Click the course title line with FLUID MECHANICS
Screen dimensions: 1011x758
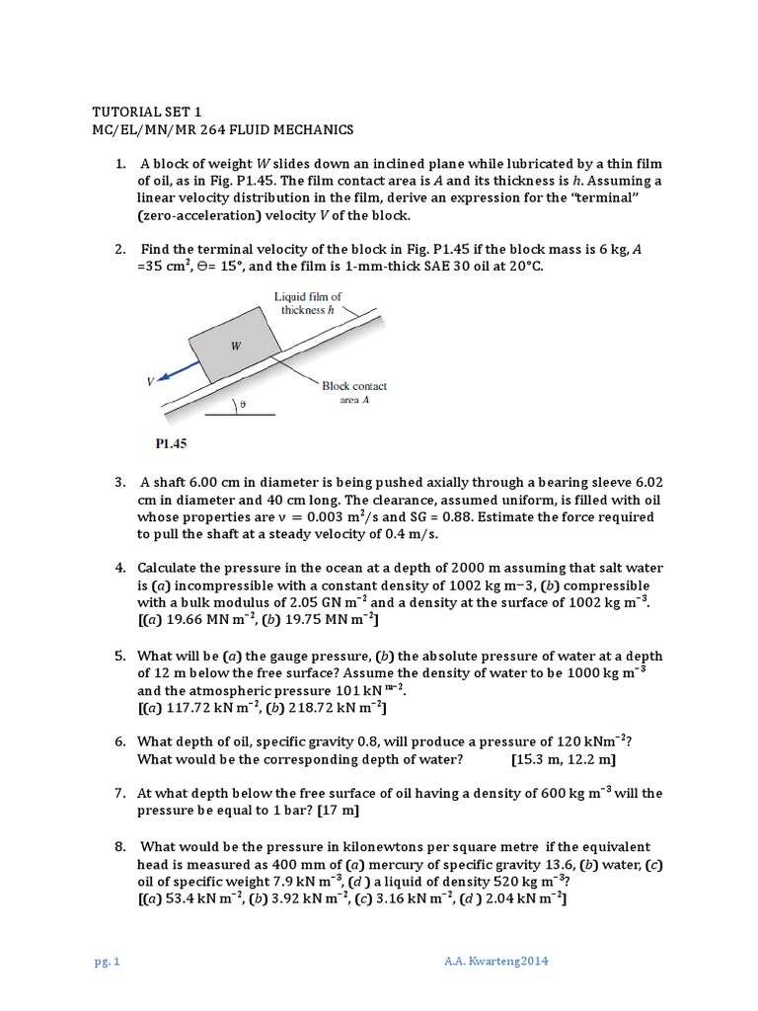tap(221, 130)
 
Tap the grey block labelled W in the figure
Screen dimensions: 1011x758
tap(235, 346)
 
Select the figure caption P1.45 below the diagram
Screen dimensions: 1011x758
tap(171, 444)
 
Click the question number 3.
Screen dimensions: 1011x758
tap(119, 483)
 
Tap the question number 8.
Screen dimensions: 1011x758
tap(119, 846)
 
